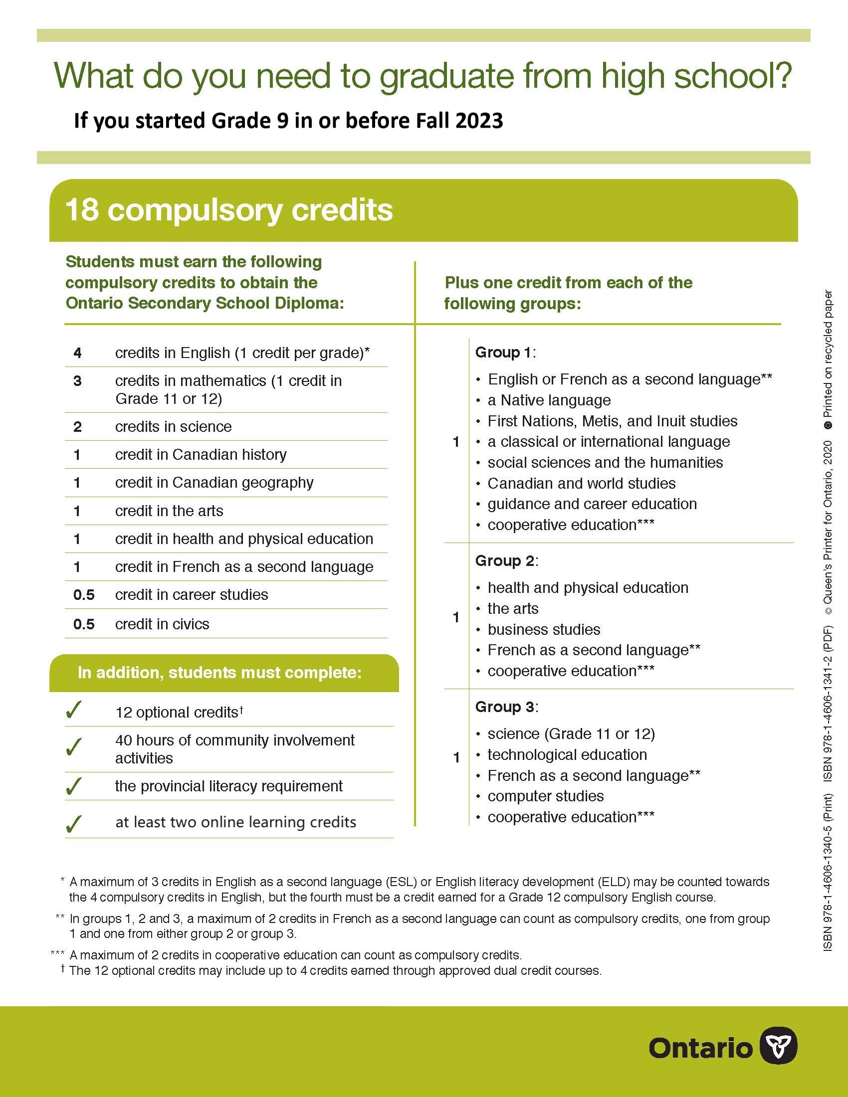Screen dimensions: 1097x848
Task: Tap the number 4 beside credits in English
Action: [77, 353]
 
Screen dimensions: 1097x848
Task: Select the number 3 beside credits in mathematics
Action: [77, 381]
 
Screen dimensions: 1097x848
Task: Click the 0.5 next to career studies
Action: [83, 595]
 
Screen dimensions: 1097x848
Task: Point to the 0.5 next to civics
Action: [83, 624]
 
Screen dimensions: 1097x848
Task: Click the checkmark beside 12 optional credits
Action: [73, 710]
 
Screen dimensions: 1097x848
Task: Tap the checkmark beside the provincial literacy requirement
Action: [73, 786]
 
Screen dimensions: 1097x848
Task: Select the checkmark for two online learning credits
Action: [73, 824]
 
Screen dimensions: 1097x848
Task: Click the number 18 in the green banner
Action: [82, 210]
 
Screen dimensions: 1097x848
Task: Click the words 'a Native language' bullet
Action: [549, 400]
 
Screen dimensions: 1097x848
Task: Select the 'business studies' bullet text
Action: [544, 630]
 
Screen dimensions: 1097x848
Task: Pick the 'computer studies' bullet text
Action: [546, 797]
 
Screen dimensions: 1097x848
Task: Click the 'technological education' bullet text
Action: [567, 755]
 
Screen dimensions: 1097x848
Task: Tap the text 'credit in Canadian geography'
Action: [214, 483]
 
